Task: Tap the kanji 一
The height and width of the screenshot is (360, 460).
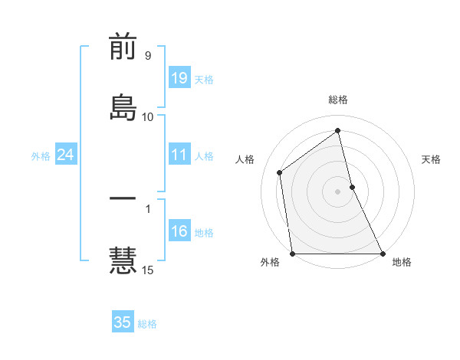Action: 123,198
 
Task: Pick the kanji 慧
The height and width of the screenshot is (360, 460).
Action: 123,259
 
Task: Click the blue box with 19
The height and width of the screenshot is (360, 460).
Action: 179,78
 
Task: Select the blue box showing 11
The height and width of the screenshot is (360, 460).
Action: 179,155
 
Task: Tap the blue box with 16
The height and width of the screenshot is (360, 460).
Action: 179,231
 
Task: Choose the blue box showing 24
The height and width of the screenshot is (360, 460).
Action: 66,155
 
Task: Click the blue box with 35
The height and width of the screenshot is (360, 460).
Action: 123,322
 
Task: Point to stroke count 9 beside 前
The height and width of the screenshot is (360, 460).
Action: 147,56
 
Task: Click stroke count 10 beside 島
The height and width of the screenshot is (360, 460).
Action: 148,117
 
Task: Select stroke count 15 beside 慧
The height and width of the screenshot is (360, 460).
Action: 148,270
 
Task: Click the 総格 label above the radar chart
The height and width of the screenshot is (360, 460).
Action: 338,100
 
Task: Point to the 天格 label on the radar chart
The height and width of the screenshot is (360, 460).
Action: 432,159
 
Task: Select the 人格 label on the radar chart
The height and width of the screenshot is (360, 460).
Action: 245,159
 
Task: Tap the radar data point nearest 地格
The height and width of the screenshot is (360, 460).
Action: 382,253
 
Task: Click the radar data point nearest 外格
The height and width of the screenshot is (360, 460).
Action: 293,253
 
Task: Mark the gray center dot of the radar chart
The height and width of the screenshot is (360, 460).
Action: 338,191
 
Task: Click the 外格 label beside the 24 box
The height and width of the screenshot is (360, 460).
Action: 41,155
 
